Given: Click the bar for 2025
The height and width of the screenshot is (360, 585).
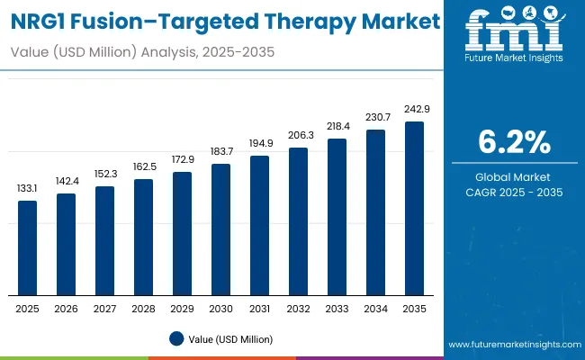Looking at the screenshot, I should [28, 247].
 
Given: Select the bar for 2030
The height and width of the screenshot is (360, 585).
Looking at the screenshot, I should [220, 229].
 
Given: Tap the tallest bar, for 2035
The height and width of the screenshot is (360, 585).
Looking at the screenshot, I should [414, 208].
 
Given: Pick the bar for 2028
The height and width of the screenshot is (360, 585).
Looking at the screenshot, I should [143, 237].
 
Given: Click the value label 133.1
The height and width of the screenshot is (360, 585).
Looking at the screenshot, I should [28, 188].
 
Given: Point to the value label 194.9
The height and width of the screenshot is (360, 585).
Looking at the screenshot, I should [259, 143].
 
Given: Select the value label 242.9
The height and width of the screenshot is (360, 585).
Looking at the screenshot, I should [414, 109].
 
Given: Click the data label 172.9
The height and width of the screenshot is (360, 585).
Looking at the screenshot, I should [182, 159].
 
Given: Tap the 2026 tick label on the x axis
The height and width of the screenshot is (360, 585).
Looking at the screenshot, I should [67, 309].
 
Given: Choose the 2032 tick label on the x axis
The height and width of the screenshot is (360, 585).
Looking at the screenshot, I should [298, 309].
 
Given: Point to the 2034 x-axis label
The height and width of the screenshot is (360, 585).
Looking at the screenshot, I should [375, 309].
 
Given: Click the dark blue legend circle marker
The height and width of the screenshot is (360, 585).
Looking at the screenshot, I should [176, 339].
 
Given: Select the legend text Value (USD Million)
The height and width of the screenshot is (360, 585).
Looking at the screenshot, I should [230, 339].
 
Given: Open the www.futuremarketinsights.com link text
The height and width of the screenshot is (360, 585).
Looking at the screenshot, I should [514, 345].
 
